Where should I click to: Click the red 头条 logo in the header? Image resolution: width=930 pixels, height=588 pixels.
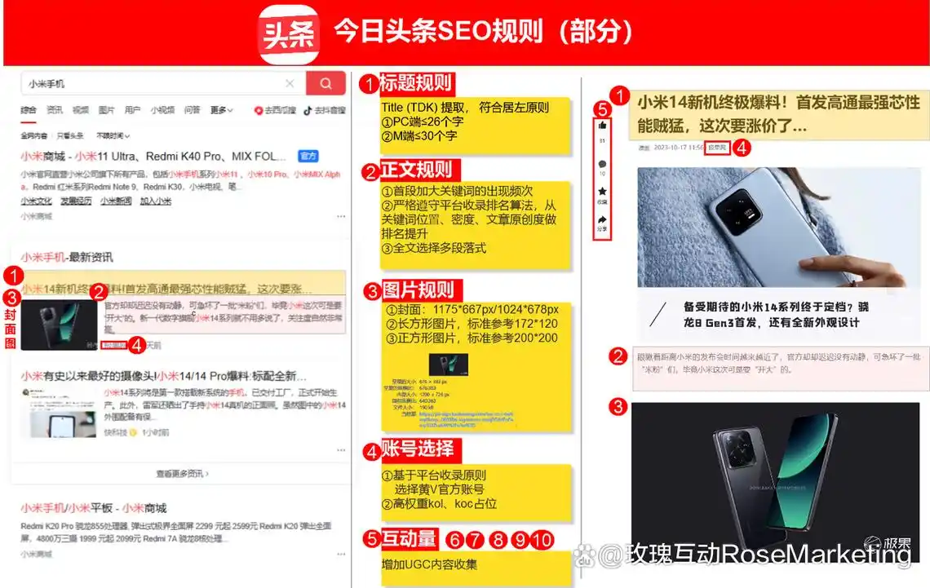point(289,34)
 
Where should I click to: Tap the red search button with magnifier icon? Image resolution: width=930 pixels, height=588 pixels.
point(325,83)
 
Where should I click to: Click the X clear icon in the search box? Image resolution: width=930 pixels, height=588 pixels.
point(290,83)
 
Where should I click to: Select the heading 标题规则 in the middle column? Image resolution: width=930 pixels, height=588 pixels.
point(416,82)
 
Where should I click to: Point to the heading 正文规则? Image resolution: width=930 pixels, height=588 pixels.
point(416,170)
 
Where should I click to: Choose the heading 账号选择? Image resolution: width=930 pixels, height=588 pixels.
point(417,449)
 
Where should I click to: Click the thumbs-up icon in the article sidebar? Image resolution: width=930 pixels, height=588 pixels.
point(602,126)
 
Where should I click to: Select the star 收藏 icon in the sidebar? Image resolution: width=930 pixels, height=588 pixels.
point(602,192)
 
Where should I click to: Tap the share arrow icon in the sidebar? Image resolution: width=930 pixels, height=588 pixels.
point(602,219)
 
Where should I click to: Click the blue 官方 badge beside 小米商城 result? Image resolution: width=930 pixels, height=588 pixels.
point(308,156)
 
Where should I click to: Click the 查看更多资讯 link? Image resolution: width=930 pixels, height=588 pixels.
point(183,473)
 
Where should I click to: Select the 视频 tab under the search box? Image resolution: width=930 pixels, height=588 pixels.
point(80,110)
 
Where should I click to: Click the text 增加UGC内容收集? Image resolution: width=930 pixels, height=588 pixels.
point(429,564)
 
